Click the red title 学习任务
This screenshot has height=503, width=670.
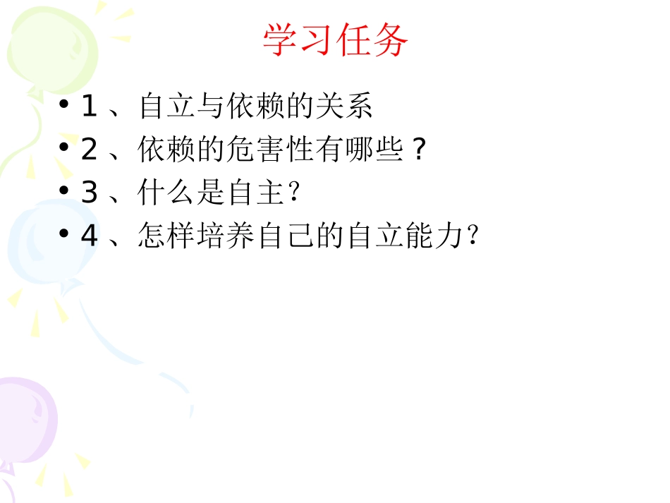(x=335, y=40)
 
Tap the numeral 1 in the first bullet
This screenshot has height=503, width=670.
(x=89, y=107)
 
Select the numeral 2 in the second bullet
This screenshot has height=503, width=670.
(x=89, y=150)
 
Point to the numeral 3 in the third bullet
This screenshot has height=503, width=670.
(x=89, y=193)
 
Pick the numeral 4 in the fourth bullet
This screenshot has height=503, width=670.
(x=89, y=236)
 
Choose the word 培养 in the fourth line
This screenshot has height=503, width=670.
(x=226, y=236)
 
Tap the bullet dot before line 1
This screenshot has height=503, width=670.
(x=64, y=105)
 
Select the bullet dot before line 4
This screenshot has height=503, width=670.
(x=64, y=235)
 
